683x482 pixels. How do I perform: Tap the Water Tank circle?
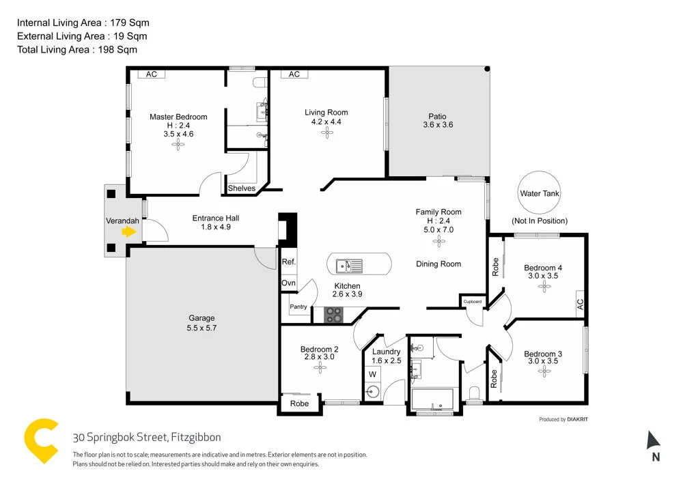(x=540, y=193)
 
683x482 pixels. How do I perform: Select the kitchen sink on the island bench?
(x=352, y=264)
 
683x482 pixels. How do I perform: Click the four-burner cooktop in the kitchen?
(x=333, y=315)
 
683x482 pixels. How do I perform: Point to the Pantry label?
(x=298, y=307)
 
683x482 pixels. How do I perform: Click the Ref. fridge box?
(x=288, y=262)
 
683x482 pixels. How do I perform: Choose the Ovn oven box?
(x=288, y=283)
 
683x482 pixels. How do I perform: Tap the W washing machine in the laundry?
(x=373, y=374)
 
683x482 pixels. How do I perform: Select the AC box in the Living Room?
(x=294, y=74)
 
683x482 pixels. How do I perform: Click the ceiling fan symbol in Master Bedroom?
(x=178, y=144)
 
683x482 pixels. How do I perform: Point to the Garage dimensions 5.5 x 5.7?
(x=201, y=328)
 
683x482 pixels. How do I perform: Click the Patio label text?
(x=438, y=117)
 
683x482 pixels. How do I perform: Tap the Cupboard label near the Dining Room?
(x=473, y=301)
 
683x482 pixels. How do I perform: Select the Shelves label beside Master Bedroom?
(x=241, y=188)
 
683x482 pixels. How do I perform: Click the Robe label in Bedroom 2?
(x=299, y=403)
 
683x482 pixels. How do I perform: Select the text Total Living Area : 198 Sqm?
(x=77, y=49)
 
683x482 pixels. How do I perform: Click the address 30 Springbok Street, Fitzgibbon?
(x=147, y=438)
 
